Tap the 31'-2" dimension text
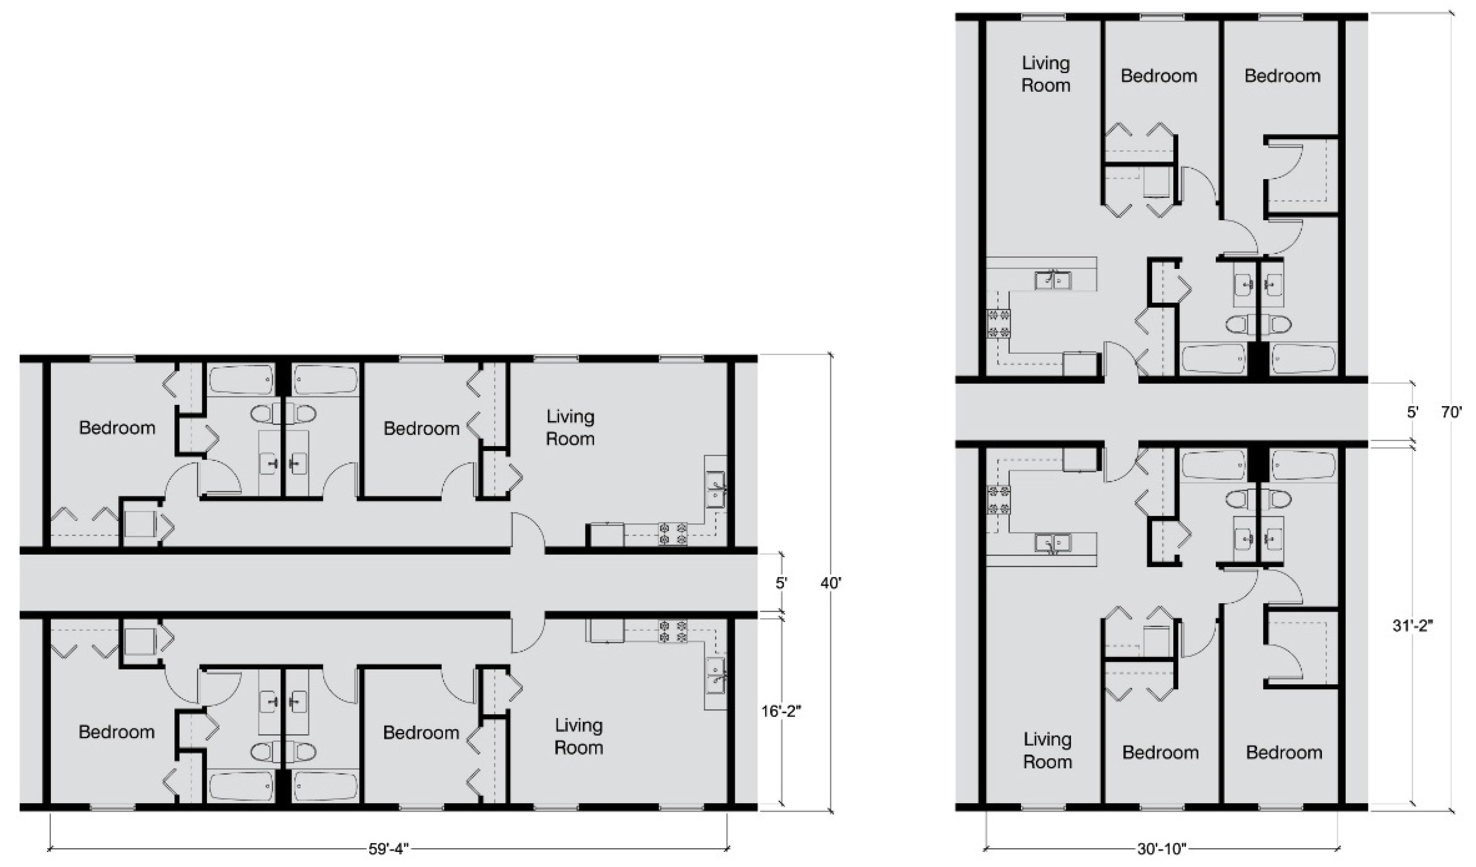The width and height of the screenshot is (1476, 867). (x=1413, y=626)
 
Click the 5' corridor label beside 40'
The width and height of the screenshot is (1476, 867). (x=781, y=583)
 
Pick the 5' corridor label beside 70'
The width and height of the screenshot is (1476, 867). (x=1413, y=412)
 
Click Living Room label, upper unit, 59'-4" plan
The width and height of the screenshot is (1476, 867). (x=571, y=427)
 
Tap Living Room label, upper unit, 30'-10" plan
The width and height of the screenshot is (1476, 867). (x=1046, y=74)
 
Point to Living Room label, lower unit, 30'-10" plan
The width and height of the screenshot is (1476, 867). (x=1047, y=751)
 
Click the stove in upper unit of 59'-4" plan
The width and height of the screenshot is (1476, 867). (x=673, y=533)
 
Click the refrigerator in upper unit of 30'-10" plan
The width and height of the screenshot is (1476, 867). (x=1080, y=364)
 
